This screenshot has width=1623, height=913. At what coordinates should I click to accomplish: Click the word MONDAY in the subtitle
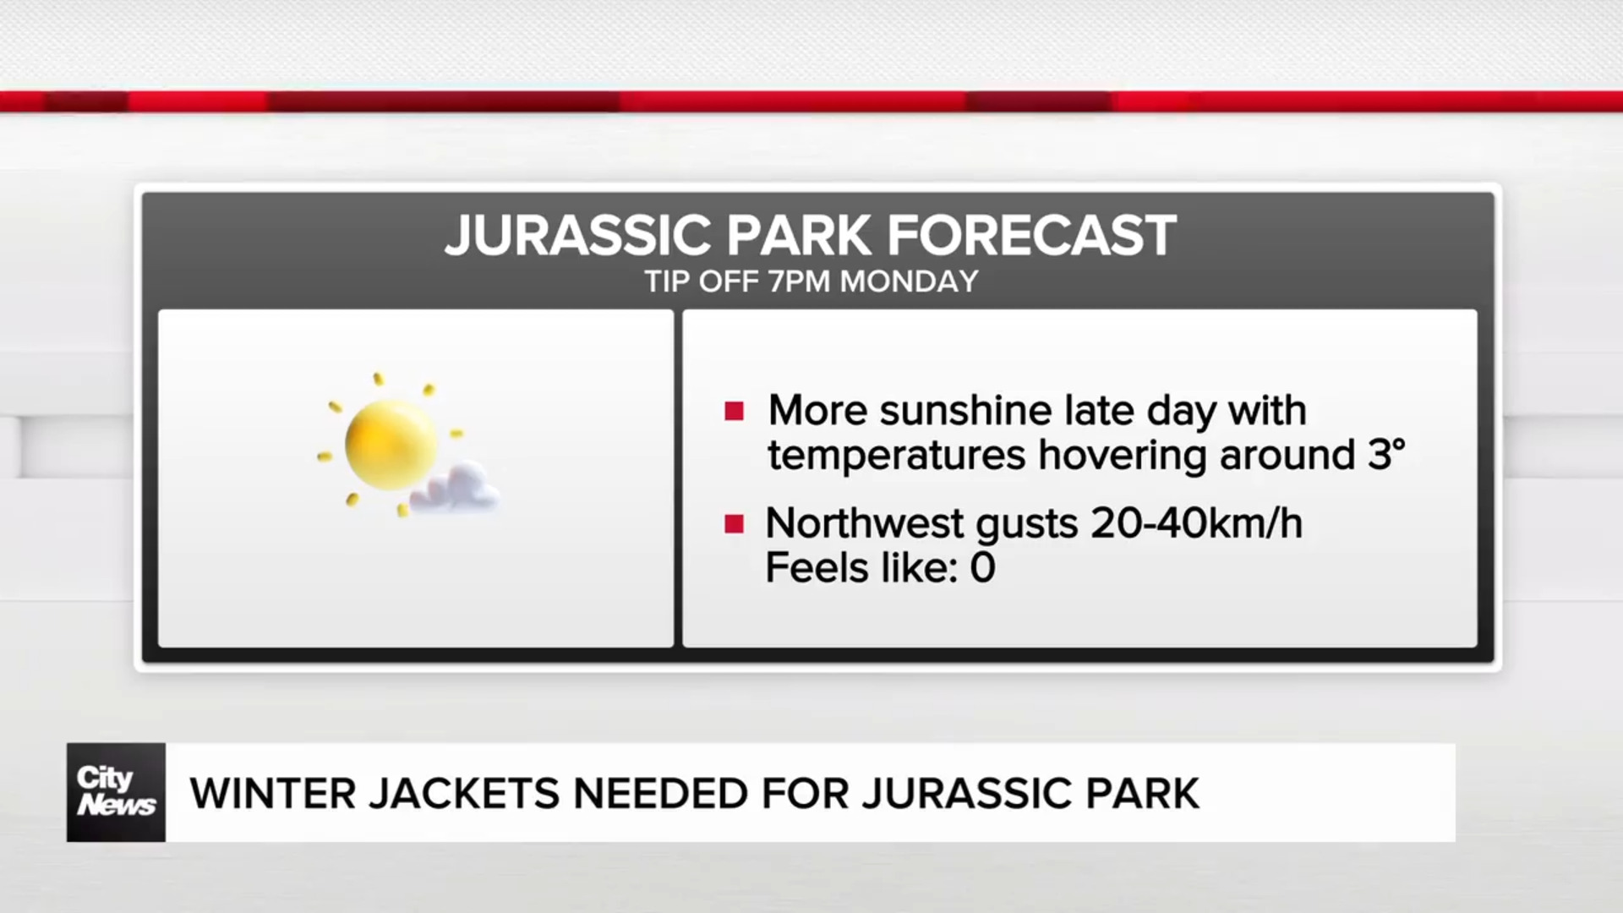point(909,282)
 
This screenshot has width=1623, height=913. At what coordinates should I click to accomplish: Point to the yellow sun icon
point(390,445)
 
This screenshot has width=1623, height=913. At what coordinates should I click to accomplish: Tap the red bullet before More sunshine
point(734,412)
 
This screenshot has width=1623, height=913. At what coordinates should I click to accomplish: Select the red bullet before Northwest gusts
point(734,524)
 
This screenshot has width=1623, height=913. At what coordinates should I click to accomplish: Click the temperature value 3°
point(1386,455)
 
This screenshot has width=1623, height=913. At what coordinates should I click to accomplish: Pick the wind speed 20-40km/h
point(1196,523)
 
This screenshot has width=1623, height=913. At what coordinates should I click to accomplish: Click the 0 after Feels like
point(982,568)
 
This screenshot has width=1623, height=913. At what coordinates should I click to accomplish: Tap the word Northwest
point(864,523)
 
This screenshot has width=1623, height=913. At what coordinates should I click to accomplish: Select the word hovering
point(1122,456)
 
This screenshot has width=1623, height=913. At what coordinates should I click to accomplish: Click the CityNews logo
point(116,792)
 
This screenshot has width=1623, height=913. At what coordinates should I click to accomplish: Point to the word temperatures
point(896,456)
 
